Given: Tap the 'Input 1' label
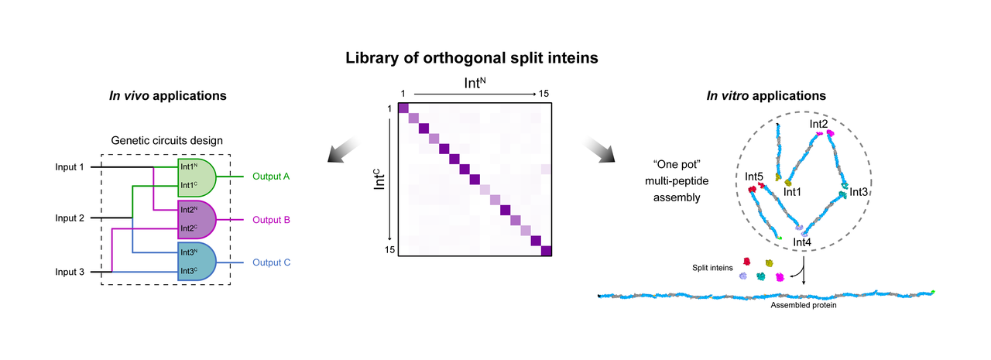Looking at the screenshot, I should [70, 166].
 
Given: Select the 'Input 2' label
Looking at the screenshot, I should [70, 218].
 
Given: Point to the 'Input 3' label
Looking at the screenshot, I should [70, 272].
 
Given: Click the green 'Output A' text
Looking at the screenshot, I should [271, 177].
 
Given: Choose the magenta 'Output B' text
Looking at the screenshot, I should [271, 220].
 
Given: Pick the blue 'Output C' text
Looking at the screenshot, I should [271, 262].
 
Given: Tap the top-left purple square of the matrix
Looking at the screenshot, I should [403, 107].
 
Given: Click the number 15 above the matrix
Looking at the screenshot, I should [544, 94].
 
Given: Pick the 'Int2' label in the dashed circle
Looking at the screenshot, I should [819, 123].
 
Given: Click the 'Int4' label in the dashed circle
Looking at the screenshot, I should [803, 243].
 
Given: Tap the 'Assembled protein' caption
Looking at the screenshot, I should [804, 305].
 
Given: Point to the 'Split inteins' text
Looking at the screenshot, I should [713, 266].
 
